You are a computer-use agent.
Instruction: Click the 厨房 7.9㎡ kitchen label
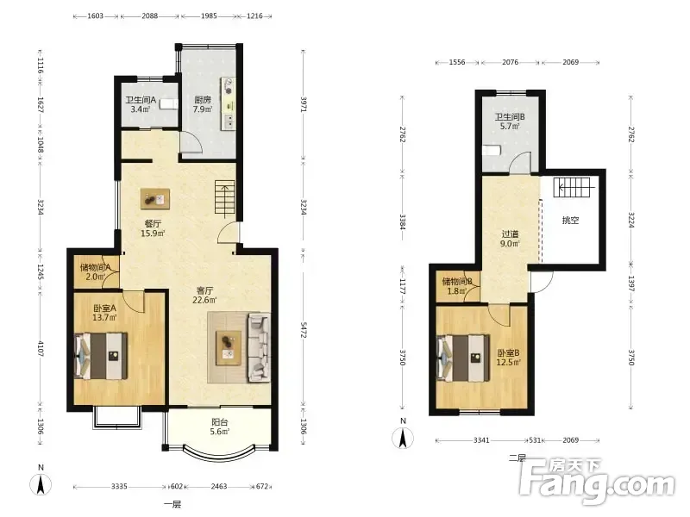[203, 104]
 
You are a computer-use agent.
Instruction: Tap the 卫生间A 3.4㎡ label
[141, 104]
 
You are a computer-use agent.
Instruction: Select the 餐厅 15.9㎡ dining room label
[153, 228]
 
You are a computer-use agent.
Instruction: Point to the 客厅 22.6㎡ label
[204, 296]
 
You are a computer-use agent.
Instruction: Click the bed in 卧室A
[102, 356]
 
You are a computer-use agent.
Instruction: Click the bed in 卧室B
[463, 358]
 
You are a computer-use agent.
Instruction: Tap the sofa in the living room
[260, 347]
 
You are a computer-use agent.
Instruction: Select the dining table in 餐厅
[155, 199]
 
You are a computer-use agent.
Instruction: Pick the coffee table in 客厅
[229, 348]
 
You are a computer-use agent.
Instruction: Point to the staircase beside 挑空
[572, 187]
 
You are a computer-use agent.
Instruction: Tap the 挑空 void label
[570, 221]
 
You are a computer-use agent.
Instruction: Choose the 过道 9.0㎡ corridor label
[510, 239]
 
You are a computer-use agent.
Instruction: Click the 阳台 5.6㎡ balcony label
[220, 427]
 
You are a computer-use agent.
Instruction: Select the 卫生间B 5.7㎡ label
[510, 121]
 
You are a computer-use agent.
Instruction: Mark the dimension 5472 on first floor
[304, 330]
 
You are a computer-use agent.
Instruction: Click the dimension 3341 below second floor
[481, 440]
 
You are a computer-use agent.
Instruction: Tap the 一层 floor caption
[172, 504]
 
